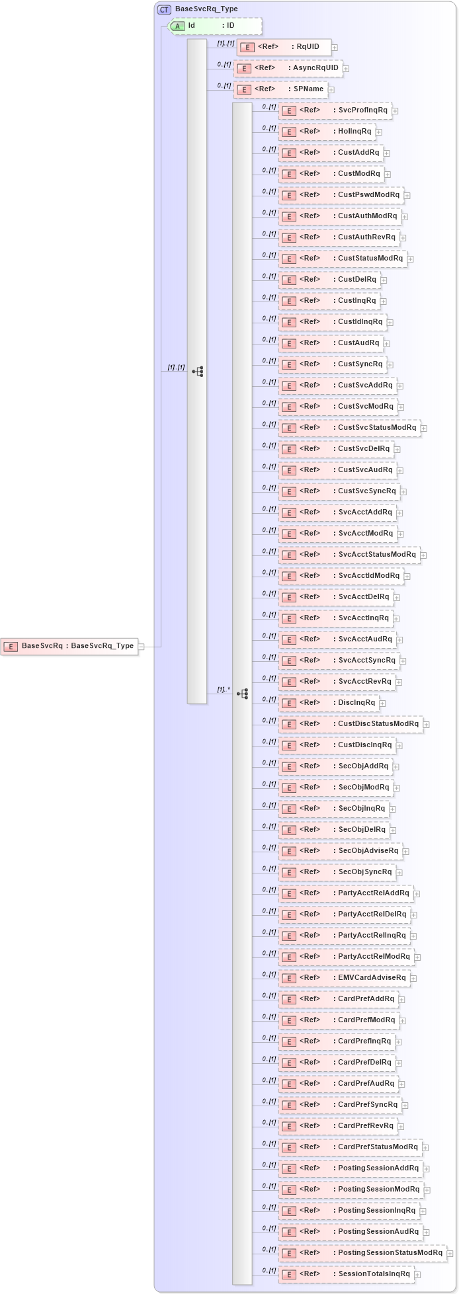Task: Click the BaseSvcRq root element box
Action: pyautogui.click(x=69, y=646)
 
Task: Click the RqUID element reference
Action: pyautogui.click(x=284, y=47)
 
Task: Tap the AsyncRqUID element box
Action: pyautogui.click(x=288, y=68)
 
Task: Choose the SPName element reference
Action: pyautogui.click(x=281, y=89)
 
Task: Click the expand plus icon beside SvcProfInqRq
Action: pyautogui.click(x=396, y=111)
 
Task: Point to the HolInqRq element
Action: pyautogui.click(x=327, y=132)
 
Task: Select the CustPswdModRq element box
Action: pyautogui.click(x=341, y=195)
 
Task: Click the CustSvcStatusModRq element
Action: pyautogui.click(x=349, y=428)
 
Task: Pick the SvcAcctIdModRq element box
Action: pyautogui.click(x=341, y=576)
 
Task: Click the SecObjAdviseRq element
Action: pyautogui.click(x=340, y=851)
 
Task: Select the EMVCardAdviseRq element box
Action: pyautogui.click(x=344, y=978)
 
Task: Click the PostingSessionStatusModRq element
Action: pyautogui.click(x=362, y=1253)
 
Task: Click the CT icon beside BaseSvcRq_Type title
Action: pyautogui.click(x=164, y=9)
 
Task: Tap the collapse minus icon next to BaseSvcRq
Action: pyautogui.click(x=142, y=647)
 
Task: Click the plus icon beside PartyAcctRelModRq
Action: pyautogui.click(x=418, y=957)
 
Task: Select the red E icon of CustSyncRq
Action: pyautogui.click(x=288, y=364)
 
